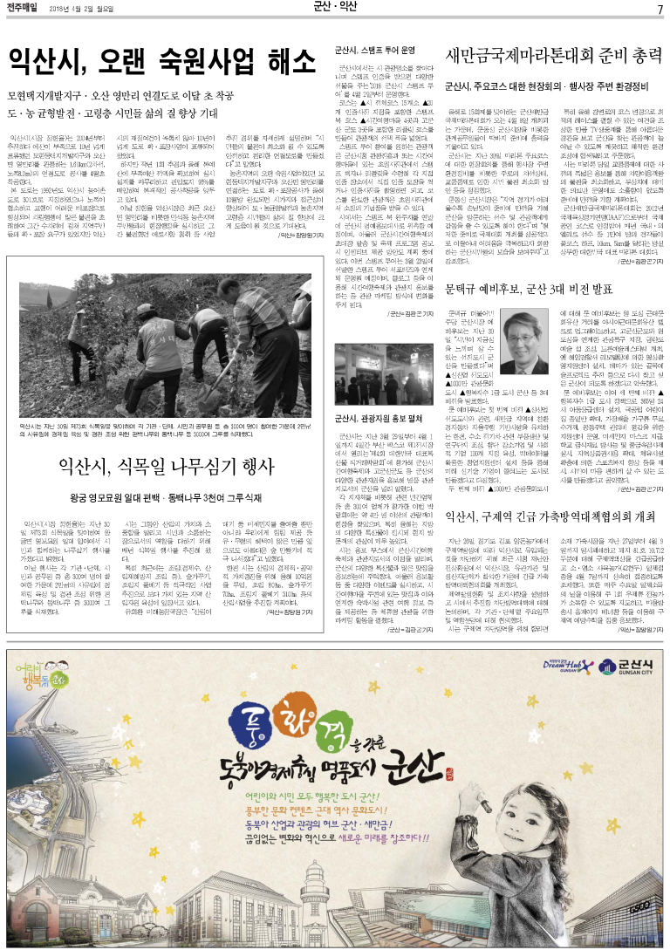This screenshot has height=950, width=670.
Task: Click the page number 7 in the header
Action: pyautogui.click(x=660, y=9)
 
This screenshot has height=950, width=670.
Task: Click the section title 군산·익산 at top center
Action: pyautogui.click(x=334, y=9)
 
